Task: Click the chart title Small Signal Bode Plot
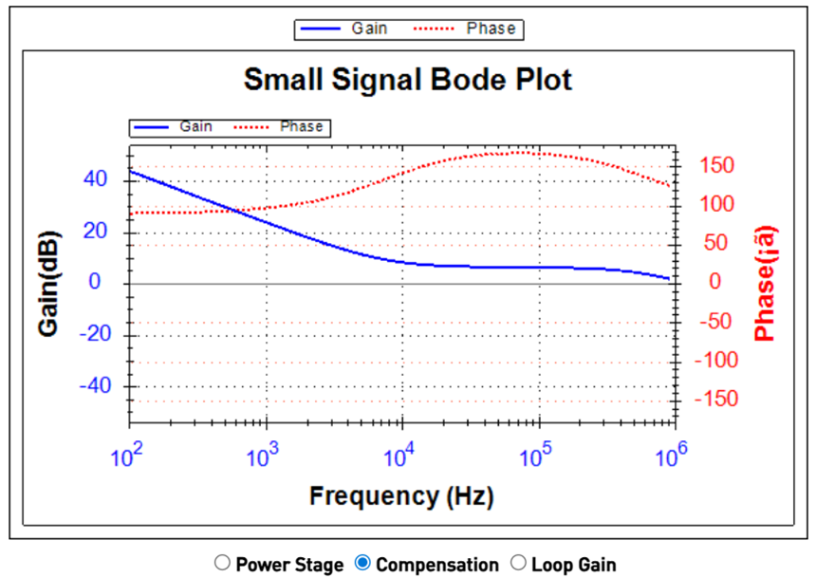(408, 80)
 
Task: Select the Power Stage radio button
(222, 563)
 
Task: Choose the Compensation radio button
(362, 563)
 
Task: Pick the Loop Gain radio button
(518, 563)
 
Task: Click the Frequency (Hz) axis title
(401, 494)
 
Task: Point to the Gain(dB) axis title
(50, 283)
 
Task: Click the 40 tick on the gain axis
(96, 179)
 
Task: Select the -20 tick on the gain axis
(92, 334)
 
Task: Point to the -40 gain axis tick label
(92, 386)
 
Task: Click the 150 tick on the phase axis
(716, 166)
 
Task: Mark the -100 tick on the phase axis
(714, 360)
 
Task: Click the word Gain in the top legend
(369, 28)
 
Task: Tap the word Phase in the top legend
(491, 28)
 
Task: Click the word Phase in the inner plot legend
(301, 126)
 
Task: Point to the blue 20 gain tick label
(96, 232)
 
